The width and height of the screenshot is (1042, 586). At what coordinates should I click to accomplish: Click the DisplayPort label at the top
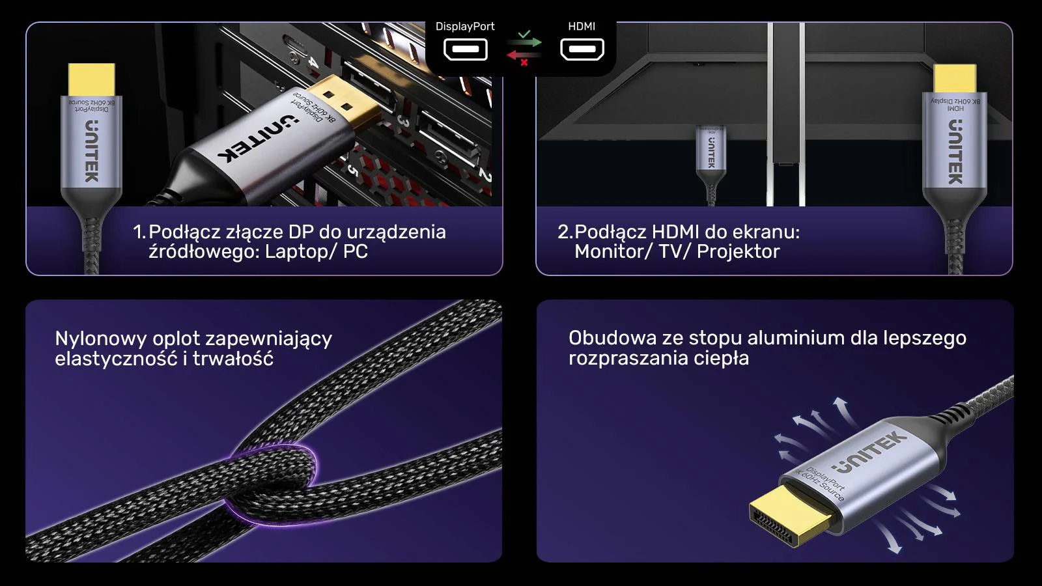[x=464, y=27]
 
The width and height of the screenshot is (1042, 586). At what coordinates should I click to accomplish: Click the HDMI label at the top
[x=582, y=27]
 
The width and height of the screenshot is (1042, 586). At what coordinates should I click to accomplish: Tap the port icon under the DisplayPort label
[x=466, y=49]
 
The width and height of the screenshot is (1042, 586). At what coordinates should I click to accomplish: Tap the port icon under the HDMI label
[x=582, y=49]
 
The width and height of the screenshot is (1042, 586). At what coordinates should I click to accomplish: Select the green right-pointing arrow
[x=525, y=43]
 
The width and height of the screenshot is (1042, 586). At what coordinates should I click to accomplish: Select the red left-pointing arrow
[x=523, y=55]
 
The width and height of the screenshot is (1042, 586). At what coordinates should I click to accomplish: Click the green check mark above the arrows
[x=525, y=33]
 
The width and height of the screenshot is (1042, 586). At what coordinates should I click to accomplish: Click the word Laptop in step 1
[x=296, y=252]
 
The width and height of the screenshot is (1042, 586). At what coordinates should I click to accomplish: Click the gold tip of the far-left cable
[x=91, y=79]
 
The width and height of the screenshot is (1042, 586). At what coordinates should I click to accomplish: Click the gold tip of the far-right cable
[x=955, y=79]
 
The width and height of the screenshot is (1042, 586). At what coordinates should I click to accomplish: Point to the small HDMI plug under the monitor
[x=711, y=150]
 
